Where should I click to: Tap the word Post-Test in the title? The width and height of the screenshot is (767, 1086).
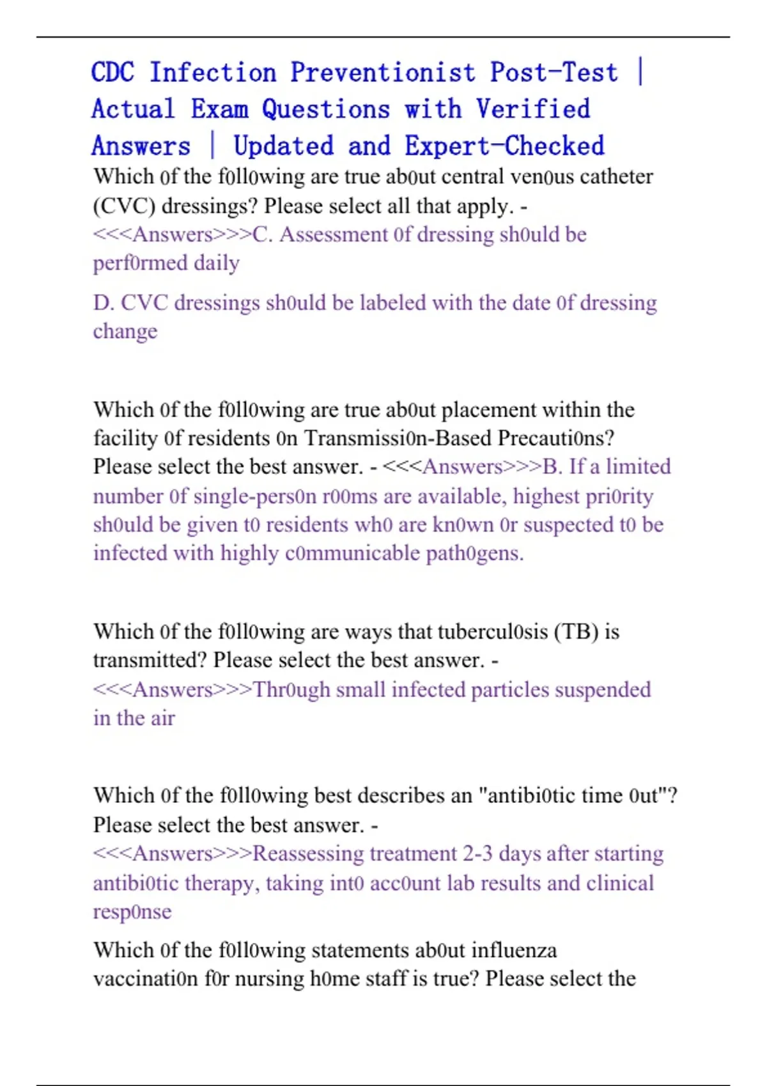coord(554,73)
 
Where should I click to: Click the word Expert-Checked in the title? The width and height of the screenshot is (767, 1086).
coord(504,146)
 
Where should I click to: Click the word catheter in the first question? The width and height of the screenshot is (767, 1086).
coord(616,176)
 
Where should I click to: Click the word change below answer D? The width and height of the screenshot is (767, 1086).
coord(125,332)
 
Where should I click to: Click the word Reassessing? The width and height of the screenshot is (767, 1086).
coord(308,854)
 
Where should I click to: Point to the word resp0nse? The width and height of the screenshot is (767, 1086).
coord(132,912)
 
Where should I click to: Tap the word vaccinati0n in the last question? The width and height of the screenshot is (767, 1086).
coord(146,979)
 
